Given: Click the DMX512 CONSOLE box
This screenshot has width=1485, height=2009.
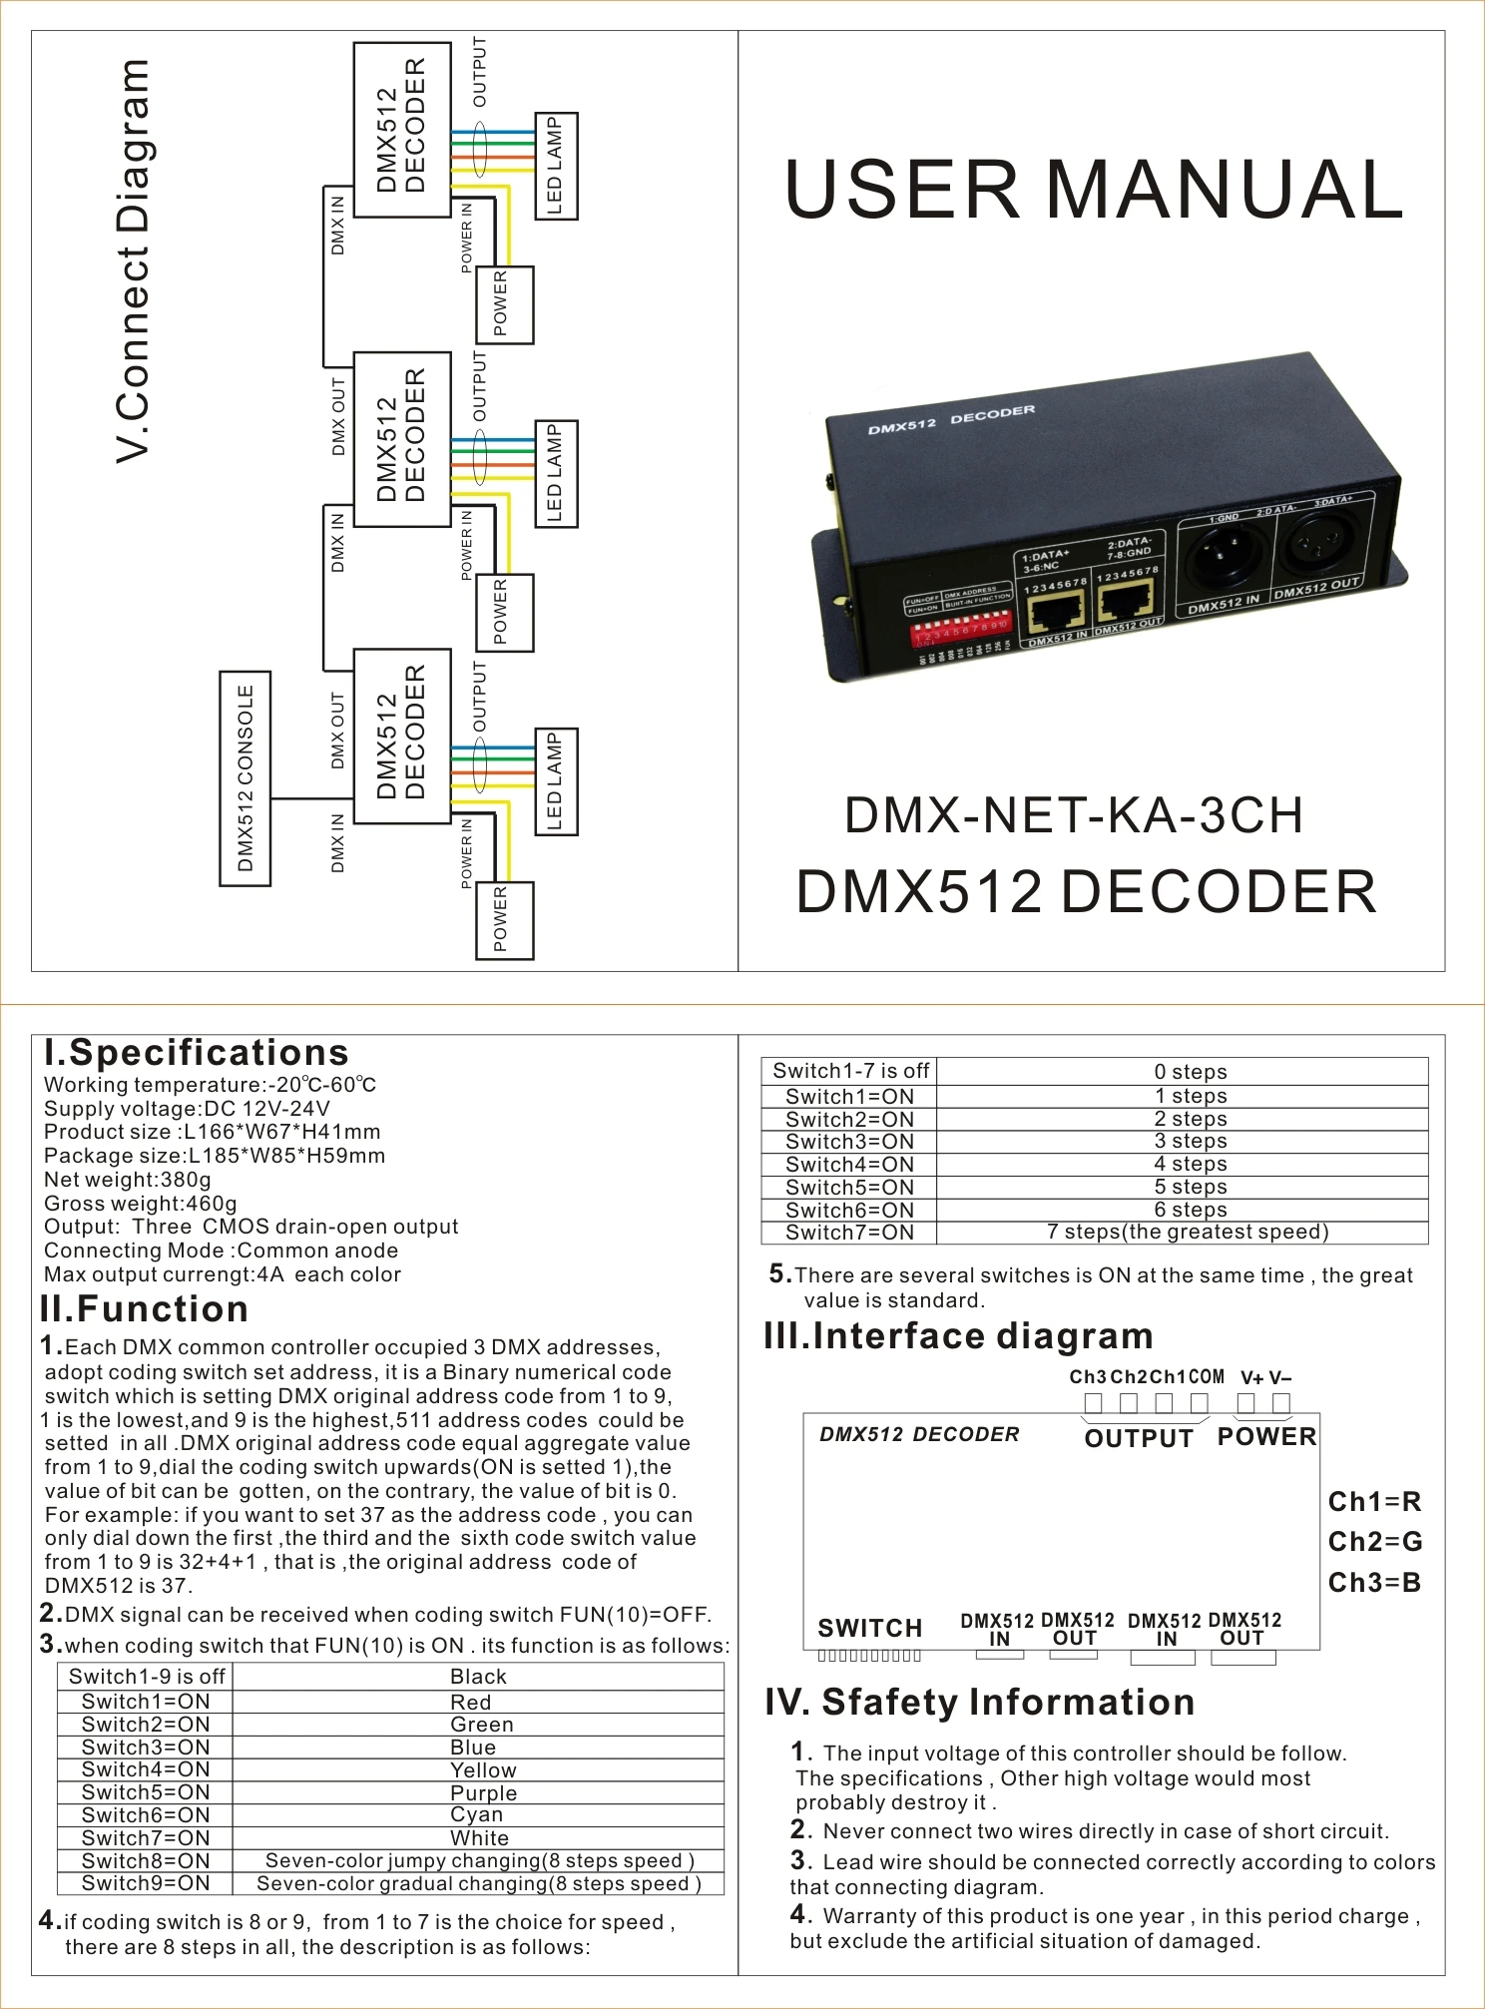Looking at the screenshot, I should (x=246, y=778).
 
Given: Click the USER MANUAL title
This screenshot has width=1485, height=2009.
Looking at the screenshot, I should (x=1094, y=190).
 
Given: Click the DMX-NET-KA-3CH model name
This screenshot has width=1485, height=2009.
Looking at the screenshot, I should (x=1074, y=815).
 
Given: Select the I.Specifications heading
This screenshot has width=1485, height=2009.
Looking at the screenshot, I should (x=197, y=1053).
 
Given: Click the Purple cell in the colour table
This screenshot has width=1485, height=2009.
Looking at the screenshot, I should (x=483, y=1793).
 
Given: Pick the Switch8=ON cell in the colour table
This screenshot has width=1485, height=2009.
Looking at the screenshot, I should (x=146, y=1861).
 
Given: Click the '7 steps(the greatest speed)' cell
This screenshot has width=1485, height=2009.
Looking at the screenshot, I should (x=1188, y=1233).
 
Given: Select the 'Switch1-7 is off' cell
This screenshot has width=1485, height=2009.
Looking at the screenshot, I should (x=850, y=1071).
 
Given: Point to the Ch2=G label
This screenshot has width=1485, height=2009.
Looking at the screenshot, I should (x=1375, y=1542).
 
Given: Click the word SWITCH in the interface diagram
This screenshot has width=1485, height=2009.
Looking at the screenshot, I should (x=870, y=1629).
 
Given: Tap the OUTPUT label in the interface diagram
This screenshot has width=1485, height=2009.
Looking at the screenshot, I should (x=1139, y=1438).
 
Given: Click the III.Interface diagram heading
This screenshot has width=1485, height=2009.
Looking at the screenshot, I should (x=959, y=1336).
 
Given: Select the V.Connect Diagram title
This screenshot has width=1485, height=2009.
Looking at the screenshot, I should (x=133, y=261).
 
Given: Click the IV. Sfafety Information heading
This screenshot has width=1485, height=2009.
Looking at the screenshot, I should (x=980, y=1703).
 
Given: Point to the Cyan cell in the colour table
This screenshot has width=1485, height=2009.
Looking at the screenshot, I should (x=476, y=1815).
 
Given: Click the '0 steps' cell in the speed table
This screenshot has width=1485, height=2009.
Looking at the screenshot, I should (x=1190, y=1072).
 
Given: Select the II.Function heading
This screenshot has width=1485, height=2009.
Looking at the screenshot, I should (x=144, y=1309).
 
